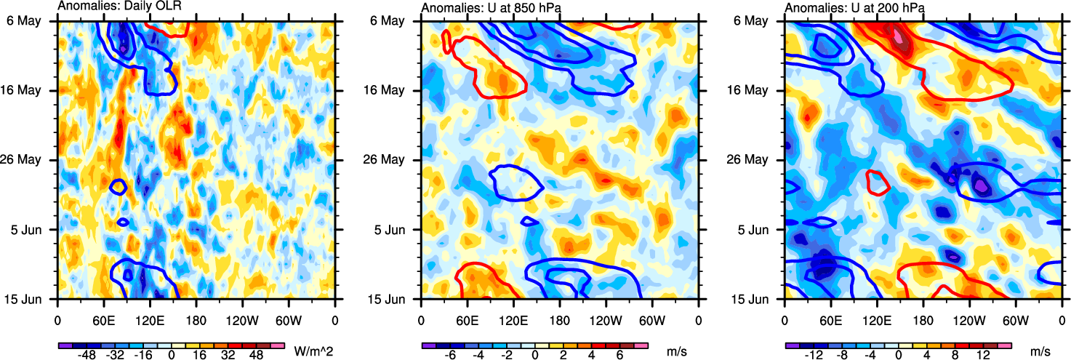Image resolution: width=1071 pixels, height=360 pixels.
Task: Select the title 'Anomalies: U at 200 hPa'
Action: point(847,8)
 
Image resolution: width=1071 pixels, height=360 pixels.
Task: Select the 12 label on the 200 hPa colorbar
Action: point(982,353)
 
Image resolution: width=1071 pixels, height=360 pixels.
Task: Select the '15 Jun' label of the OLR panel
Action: point(33,299)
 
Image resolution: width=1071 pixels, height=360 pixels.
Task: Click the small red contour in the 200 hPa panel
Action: point(878,182)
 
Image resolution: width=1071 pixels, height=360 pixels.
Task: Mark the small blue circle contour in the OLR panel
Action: point(118,186)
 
